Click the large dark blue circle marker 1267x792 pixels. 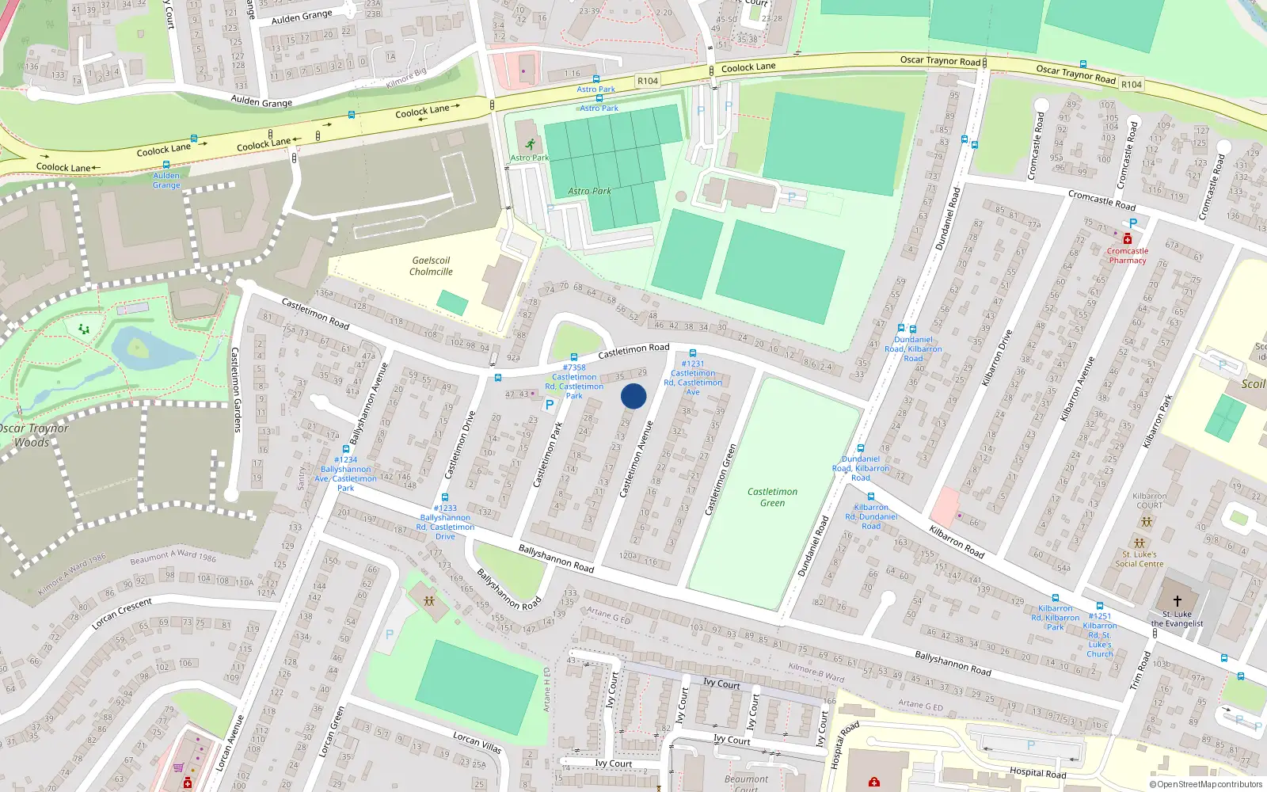(x=633, y=396)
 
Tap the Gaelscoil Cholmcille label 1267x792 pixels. (x=431, y=266)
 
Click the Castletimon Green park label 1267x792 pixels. (x=772, y=497)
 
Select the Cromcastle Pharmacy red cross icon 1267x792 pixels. (x=1128, y=239)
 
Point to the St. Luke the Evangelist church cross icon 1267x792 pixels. (x=1177, y=601)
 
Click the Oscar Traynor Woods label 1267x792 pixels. (x=33, y=435)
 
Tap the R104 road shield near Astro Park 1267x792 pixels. (x=648, y=81)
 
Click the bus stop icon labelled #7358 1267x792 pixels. (x=574, y=357)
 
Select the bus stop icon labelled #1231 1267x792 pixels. (x=693, y=353)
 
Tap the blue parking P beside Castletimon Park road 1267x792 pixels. (x=550, y=404)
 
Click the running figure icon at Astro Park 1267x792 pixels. (x=530, y=144)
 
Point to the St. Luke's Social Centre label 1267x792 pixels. (x=1140, y=559)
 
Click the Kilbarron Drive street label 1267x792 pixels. (x=997, y=358)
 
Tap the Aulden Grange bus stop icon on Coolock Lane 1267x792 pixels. (x=166, y=165)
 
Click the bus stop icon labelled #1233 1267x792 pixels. (x=445, y=497)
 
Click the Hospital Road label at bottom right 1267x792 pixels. (x=1037, y=773)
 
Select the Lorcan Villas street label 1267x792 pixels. (x=477, y=742)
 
